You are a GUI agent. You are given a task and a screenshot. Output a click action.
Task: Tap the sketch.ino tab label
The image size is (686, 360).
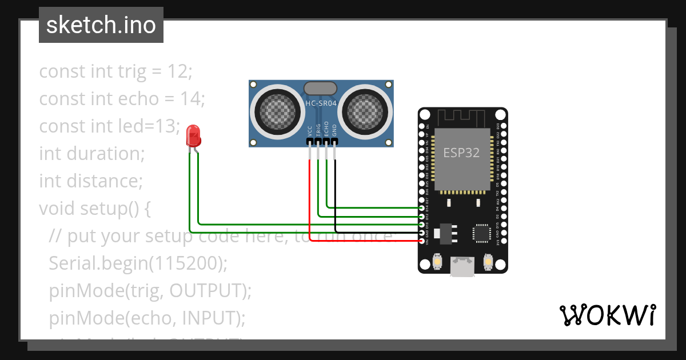pyautogui.click(x=101, y=25)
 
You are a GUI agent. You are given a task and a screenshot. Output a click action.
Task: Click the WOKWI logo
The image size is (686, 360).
pyautogui.click(x=607, y=315)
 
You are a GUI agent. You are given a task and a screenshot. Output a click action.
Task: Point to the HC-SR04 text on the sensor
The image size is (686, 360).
pyautogui.click(x=321, y=103)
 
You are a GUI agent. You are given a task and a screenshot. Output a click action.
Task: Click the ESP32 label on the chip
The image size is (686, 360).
pyautogui.click(x=461, y=153)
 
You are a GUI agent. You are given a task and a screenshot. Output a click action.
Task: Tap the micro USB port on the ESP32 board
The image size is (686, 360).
pyautogui.click(x=462, y=266)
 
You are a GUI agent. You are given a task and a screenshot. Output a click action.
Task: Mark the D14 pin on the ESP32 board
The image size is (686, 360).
pyautogui.click(x=422, y=209)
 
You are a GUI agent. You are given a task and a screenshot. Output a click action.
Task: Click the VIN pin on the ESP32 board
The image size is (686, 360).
pyautogui.click(x=422, y=241)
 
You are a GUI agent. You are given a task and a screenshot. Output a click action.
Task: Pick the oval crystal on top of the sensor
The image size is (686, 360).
pyautogui.click(x=320, y=88)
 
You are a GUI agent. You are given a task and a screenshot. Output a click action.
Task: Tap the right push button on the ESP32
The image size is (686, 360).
pyautogui.click(x=488, y=261)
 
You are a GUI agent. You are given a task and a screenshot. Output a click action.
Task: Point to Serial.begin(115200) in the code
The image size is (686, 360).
pyautogui.click(x=138, y=263)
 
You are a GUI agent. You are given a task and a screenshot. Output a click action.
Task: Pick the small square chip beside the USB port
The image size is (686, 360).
pyautogui.click(x=481, y=233)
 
